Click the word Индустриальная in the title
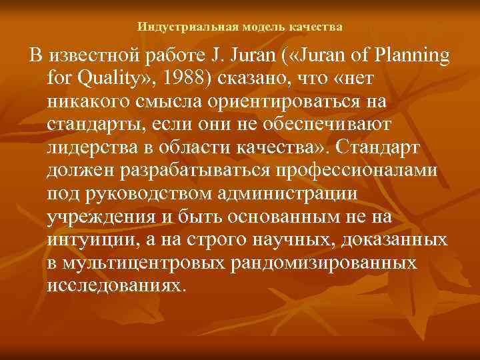click(177, 27)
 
